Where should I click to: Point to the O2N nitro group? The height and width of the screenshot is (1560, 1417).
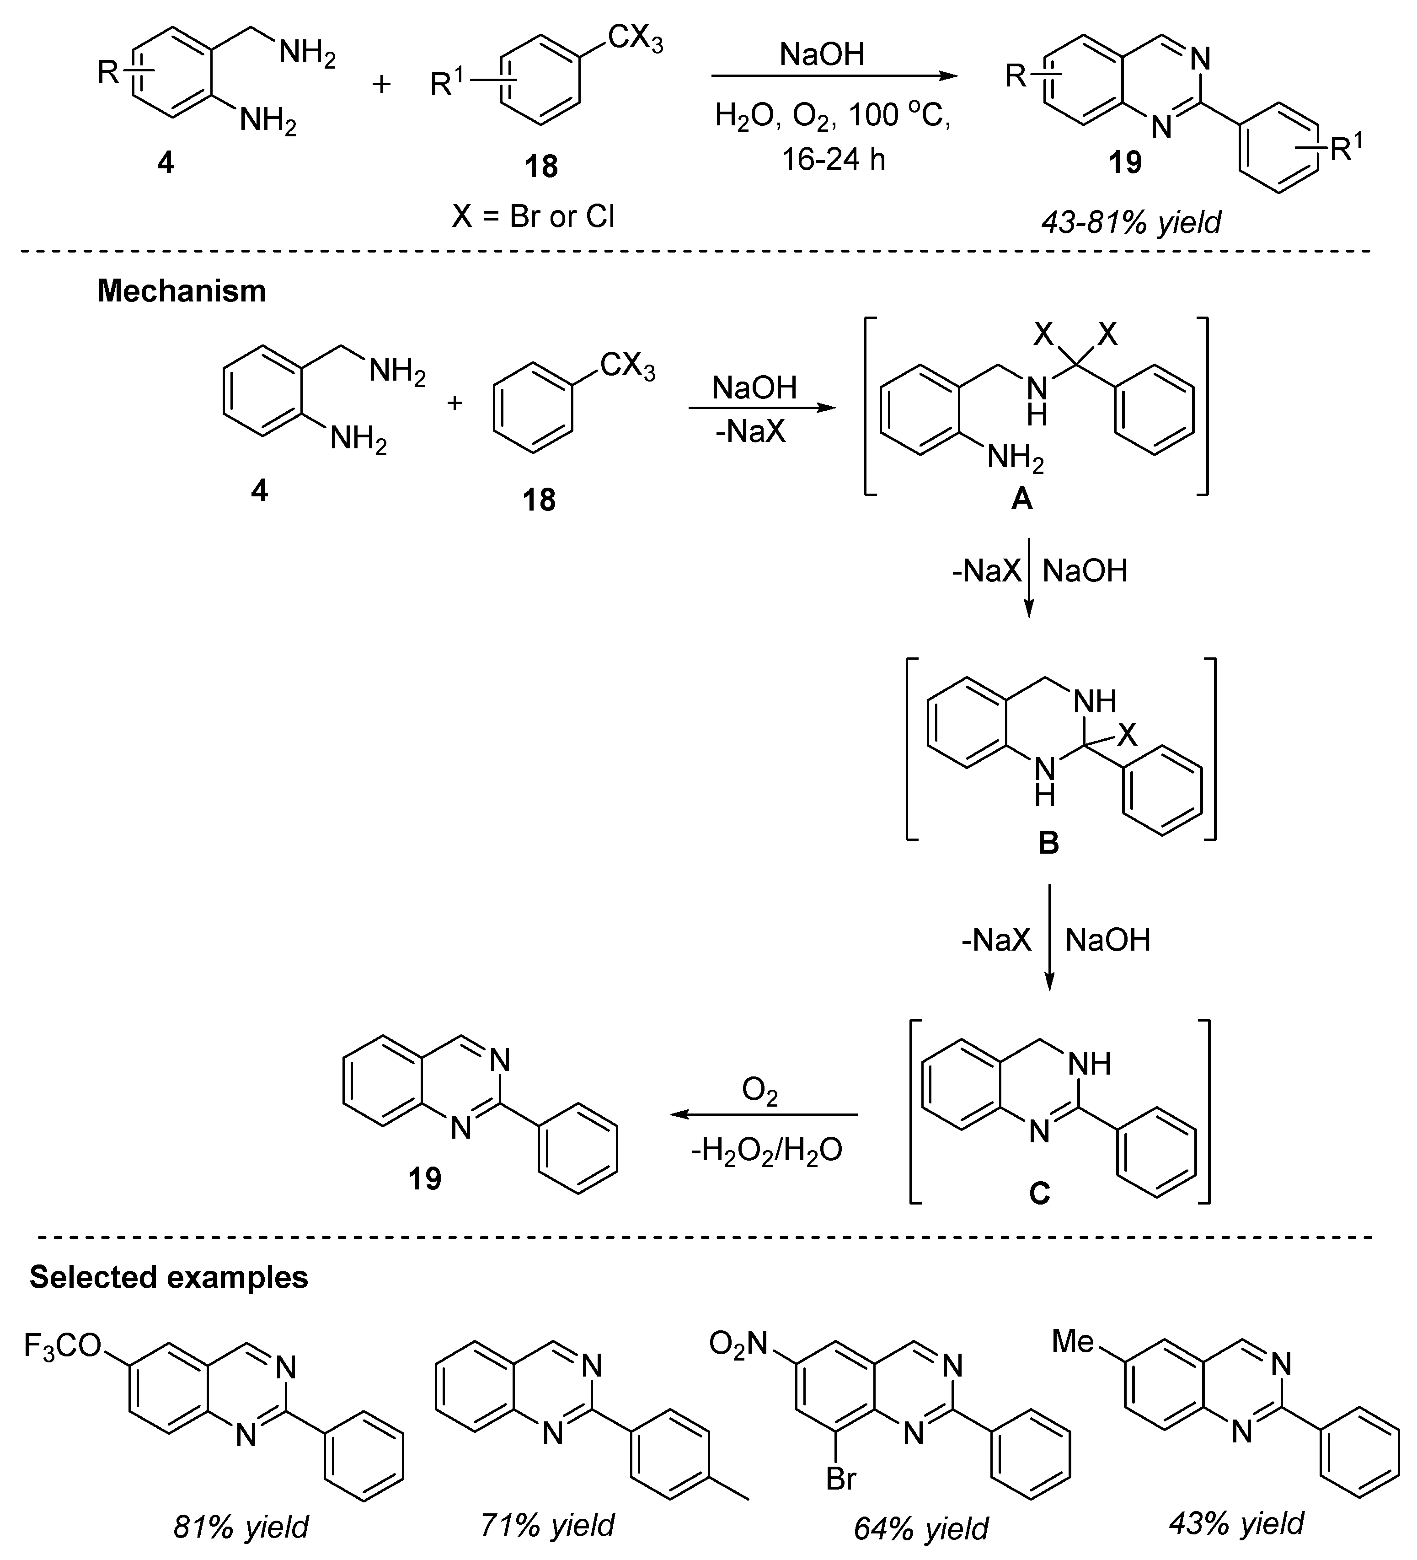[738, 1344]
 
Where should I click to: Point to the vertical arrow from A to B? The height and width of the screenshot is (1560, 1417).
[1029, 576]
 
